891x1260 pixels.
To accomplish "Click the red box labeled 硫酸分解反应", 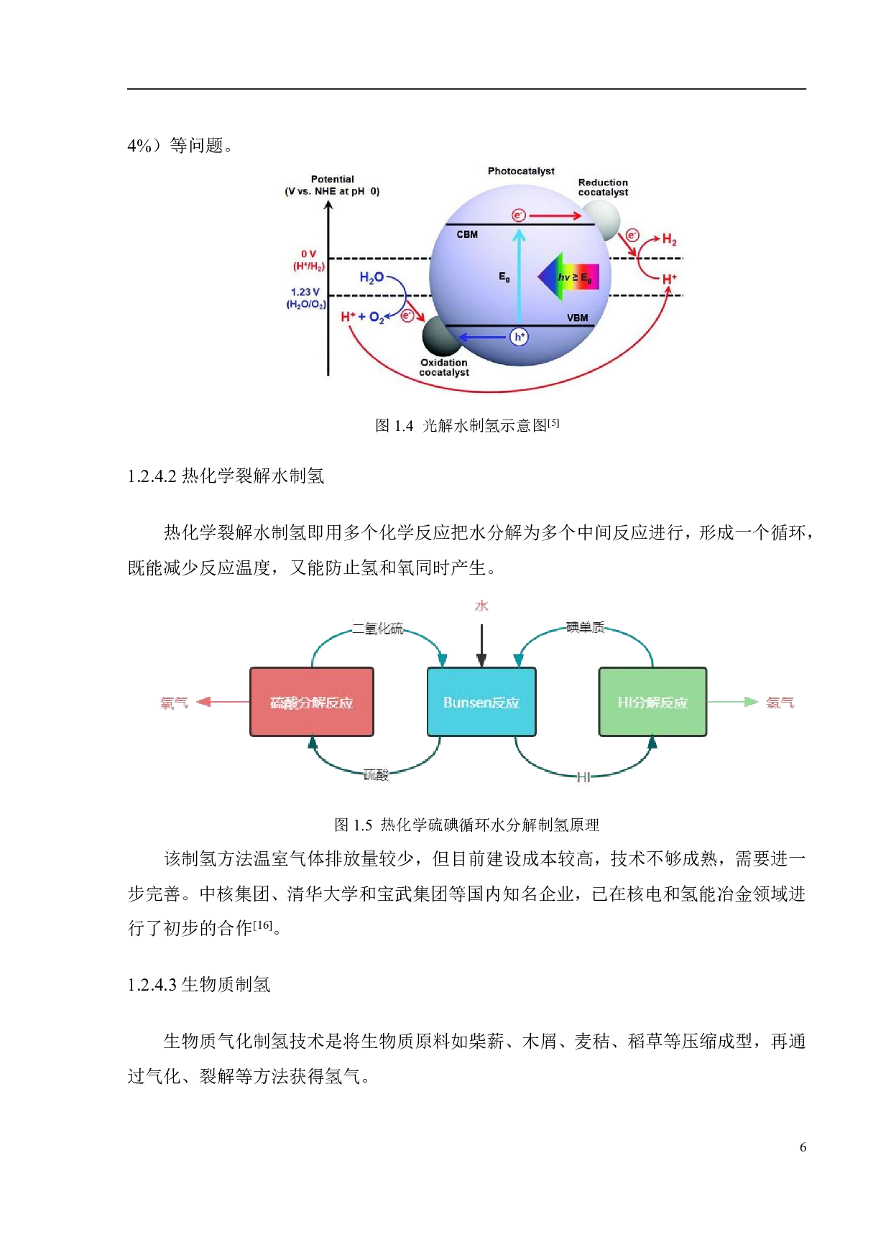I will click(312, 702).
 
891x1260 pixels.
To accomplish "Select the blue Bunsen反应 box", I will click(481, 702).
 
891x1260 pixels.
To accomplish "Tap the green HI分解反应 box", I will click(652, 702).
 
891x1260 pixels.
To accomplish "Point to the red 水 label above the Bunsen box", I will click(481, 606).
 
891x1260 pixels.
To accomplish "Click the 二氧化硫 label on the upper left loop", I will click(378, 628).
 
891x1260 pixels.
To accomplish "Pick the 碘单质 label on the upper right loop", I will click(586, 627).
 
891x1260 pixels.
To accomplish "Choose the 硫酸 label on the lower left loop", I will click(376, 774).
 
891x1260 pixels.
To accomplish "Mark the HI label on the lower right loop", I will click(583, 777).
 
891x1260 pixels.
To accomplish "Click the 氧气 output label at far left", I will click(174, 703).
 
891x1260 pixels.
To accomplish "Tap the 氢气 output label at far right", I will click(780, 703).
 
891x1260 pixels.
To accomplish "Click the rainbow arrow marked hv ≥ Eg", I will click(569, 277).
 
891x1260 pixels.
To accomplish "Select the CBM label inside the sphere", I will click(467, 234).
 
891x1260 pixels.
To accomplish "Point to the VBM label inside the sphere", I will click(577, 318).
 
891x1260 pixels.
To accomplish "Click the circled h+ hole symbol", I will click(519, 337).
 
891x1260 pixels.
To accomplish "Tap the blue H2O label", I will click(371, 277).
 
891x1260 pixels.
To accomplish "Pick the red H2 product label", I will click(669, 240).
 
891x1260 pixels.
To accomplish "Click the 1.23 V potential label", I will click(305, 292).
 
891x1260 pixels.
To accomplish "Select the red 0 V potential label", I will click(308, 254).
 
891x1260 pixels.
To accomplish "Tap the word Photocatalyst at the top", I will click(521, 171).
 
